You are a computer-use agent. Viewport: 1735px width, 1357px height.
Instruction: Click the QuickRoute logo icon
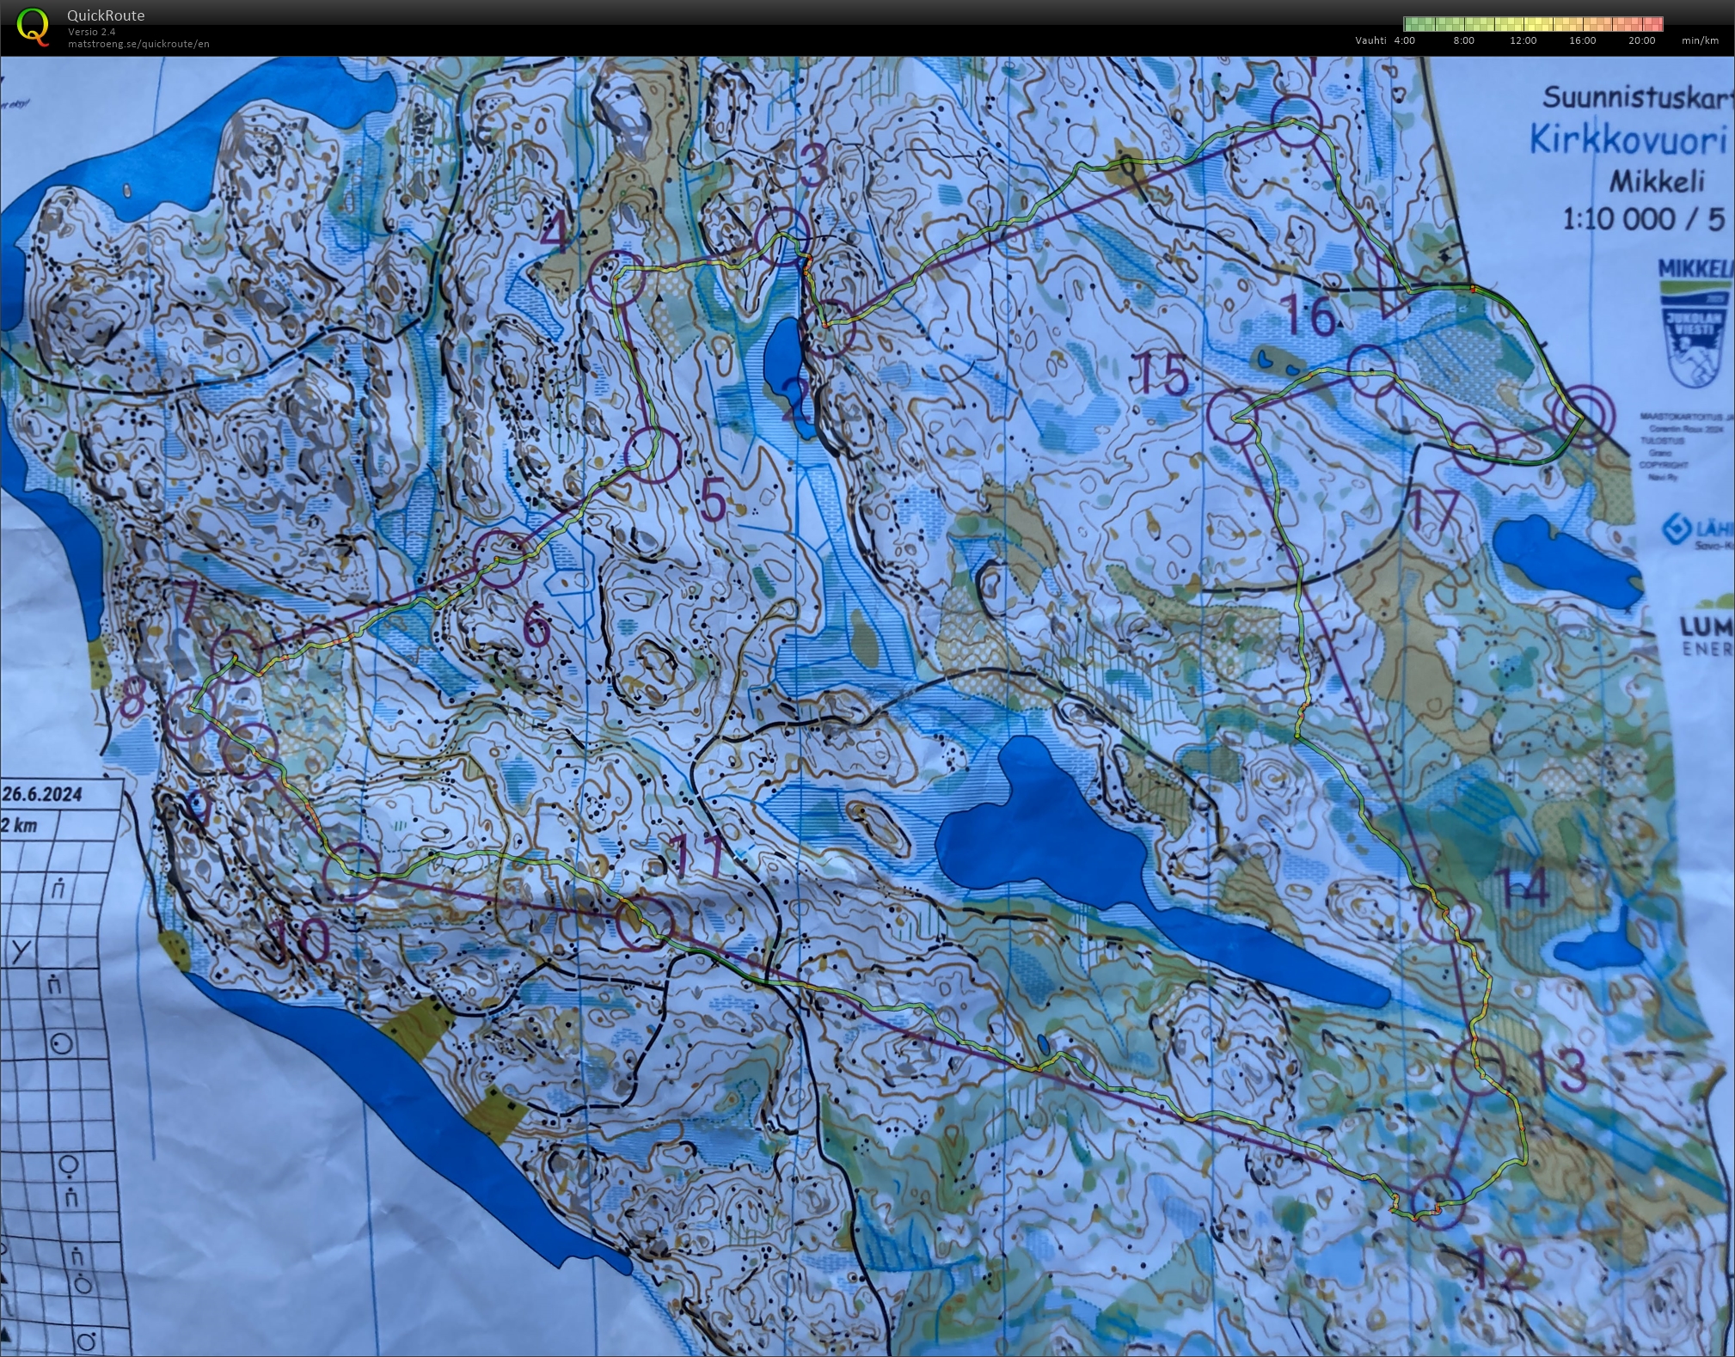(x=32, y=26)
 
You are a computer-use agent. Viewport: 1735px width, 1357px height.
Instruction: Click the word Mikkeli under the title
(x=1656, y=181)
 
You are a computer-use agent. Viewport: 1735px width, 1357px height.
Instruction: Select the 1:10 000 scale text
(x=1617, y=219)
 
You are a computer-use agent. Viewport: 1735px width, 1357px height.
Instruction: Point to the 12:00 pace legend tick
(x=1523, y=40)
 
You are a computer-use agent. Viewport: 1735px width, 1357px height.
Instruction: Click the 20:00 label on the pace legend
(x=1641, y=40)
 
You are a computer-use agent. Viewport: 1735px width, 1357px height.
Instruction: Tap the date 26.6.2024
(x=42, y=793)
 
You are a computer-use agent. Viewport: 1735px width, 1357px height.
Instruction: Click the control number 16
(x=1308, y=315)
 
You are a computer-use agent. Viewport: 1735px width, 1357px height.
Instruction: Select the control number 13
(x=1559, y=1070)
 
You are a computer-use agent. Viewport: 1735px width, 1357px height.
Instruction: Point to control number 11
(x=698, y=855)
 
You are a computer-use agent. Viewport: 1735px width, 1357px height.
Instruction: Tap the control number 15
(x=1163, y=375)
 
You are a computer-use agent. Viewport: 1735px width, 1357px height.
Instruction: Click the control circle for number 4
(x=616, y=277)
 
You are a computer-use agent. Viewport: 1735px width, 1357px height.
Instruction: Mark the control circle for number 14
(x=1444, y=916)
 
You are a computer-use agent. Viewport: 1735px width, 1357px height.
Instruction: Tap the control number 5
(x=713, y=500)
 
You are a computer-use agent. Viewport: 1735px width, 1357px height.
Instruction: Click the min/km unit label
(x=1700, y=40)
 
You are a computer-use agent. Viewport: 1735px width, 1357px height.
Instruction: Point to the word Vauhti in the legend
(x=1370, y=40)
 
